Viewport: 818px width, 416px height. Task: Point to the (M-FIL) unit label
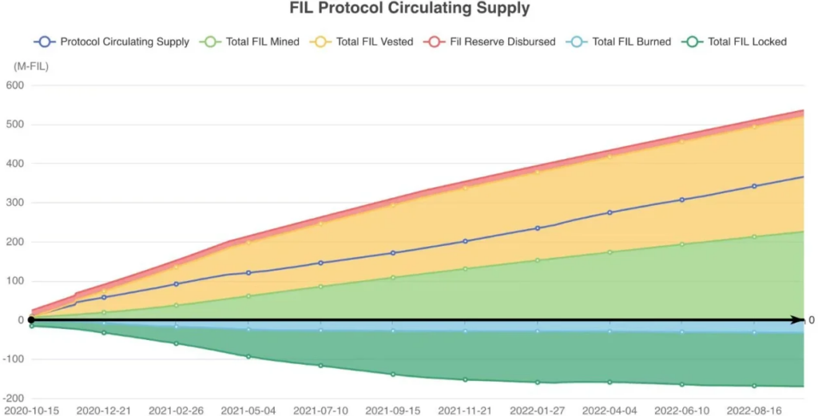30,66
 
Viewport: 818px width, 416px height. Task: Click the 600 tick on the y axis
16,85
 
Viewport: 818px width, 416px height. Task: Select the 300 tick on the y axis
16,203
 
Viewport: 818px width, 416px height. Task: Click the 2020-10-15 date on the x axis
32,410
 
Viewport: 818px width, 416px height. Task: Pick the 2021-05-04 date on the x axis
248,410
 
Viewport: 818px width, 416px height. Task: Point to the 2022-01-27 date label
538,410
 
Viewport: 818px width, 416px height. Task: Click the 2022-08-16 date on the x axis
754,410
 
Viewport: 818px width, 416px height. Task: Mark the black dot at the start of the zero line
31,320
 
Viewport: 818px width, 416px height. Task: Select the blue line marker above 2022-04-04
610,212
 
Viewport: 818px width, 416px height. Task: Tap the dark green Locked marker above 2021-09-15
393,374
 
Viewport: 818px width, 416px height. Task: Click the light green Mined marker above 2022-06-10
681,244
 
